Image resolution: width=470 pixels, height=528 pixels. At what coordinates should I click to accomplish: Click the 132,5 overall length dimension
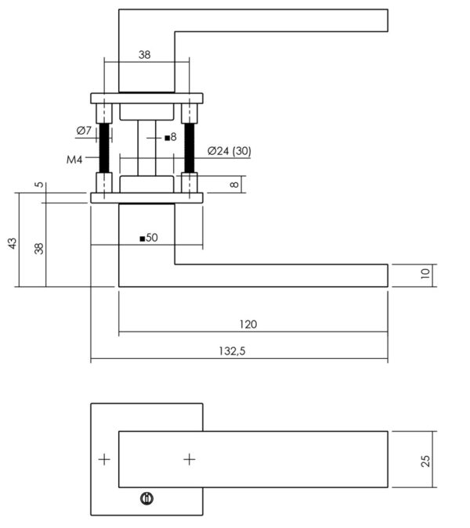click(233, 351)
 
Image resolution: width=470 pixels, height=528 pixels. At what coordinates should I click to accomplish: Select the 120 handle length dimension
click(248, 324)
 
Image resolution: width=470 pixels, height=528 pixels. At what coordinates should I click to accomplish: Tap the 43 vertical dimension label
click(12, 243)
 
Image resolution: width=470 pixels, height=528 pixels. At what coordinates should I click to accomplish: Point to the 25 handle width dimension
click(425, 461)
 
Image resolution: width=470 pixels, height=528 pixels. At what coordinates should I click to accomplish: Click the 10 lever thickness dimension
click(425, 273)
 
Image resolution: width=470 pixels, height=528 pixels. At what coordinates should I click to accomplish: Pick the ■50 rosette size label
click(149, 238)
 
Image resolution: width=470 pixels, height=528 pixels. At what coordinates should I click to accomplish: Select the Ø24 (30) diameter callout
click(230, 151)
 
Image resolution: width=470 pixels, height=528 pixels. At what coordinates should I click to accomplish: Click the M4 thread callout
click(74, 160)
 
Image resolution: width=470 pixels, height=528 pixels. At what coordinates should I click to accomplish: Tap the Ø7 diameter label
click(84, 131)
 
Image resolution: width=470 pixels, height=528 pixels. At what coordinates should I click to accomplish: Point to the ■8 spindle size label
click(171, 137)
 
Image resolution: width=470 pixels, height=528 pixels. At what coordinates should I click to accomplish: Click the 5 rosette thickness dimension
click(39, 185)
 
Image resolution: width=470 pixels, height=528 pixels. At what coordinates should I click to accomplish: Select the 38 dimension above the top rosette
click(144, 55)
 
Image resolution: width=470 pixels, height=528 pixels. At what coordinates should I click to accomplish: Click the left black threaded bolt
click(104, 148)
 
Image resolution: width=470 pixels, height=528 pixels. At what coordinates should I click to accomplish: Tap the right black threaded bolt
click(190, 148)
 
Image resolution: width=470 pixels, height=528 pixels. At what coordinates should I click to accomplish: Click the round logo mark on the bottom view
click(146, 498)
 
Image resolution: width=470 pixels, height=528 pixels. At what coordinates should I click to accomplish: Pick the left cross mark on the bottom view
click(104, 459)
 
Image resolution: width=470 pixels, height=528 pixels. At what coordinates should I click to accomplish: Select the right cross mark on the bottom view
click(190, 459)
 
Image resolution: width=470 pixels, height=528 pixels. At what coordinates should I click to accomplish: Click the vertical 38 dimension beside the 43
click(39, 249)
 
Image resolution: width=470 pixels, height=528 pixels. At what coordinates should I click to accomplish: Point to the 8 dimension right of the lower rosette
click(234, 185)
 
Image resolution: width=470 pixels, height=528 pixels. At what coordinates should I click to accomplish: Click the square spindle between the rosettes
click(146, 148)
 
